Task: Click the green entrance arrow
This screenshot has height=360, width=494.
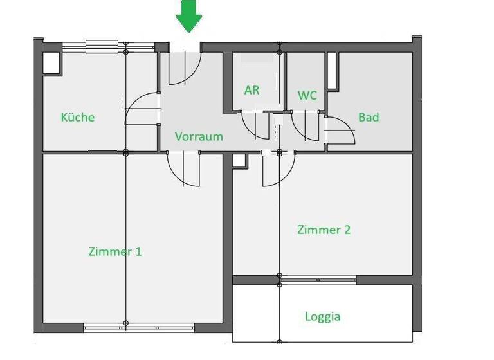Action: point(189,16)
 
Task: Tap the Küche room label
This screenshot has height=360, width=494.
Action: point(77,117)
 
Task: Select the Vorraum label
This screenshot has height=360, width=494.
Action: point(199,136)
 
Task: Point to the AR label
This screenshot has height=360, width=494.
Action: point(252,91)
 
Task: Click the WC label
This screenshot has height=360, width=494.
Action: point(307,95)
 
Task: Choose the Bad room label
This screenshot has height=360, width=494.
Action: point(369,117)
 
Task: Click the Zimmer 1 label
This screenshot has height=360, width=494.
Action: point(114,251)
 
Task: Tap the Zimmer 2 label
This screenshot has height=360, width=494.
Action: point(324,230)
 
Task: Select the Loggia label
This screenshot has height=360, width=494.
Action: point(323,316)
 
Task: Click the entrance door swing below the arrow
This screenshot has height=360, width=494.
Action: point(185,67)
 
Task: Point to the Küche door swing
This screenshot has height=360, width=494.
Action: point(142,109)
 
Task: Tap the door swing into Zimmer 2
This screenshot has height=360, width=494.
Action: point(278,169)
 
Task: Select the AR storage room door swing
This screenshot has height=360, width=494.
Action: point(255,125)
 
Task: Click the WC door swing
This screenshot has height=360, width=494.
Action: point(305,125)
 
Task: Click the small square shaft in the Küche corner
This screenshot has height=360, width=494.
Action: point(51,62)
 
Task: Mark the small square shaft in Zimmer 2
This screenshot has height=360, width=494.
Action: point(239,161)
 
